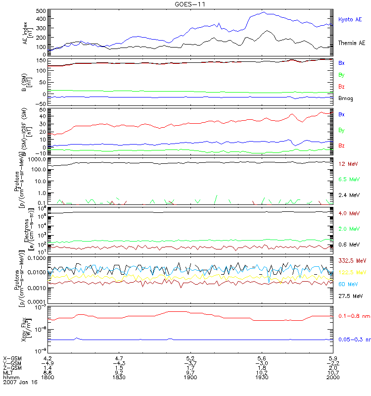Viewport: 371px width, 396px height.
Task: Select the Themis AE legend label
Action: coord(352,43)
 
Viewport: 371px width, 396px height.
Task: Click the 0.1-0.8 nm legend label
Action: coord(353,316)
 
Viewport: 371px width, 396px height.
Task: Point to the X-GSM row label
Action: coord(12,357)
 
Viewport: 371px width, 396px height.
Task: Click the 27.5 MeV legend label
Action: coord(351,296)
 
